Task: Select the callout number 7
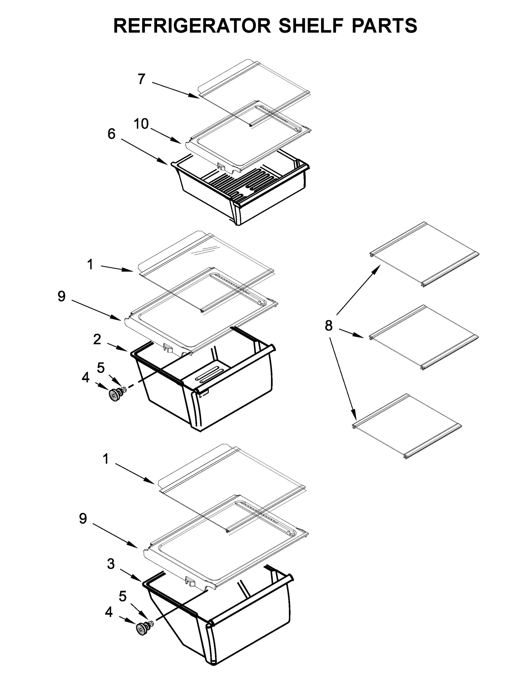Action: (x=141, y=79)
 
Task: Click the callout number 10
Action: (x=141, y=124)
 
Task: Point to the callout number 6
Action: (x=112, y=134)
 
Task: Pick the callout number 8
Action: (x=328, y=326)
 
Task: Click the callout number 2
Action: (x=97, y=339)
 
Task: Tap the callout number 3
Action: (x=111, y=564)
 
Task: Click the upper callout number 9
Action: (x=61, y=296)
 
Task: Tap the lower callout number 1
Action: (x=106, y=459)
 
